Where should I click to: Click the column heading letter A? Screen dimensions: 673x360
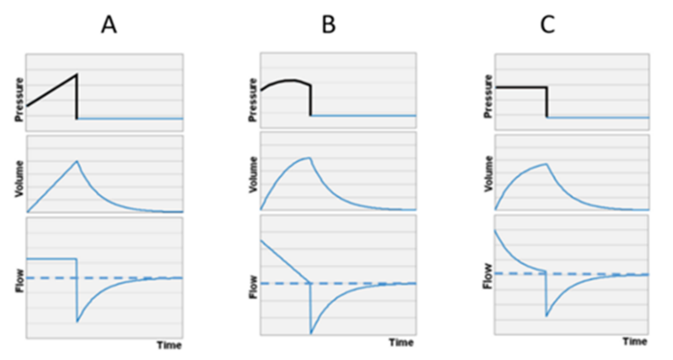(x=109, y=25)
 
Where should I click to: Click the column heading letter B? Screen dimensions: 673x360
(x=329, y=25)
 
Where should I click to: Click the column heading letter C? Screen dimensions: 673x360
(x=547, y=25)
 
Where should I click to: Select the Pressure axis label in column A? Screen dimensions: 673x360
(x=19, y=100)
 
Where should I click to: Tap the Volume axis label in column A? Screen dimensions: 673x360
(x=19, y=179)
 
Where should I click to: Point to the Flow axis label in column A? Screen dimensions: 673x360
(x=20, y=281)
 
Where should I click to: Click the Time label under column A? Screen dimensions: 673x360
(x=169, y=345)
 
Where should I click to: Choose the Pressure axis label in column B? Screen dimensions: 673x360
(x=253, y=100)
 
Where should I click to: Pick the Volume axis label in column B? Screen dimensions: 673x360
(x=253, y=175)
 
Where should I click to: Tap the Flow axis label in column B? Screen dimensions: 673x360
(x=253, y=287)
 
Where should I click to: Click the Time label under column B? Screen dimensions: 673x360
(x=402, y=342)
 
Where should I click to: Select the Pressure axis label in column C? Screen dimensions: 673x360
(x=488, y=97)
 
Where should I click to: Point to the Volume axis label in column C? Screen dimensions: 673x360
(x=488, y=174)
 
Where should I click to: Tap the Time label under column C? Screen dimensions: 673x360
(x=635, y=342)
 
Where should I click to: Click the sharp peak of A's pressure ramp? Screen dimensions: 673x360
(x=77, y=74)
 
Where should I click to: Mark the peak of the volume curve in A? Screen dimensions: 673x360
(x=77, y=161)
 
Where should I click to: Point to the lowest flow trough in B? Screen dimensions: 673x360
(x=311, y=333)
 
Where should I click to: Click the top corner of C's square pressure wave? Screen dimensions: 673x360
(x=546, y=87)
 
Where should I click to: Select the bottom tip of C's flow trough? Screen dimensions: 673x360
(x=546, y=316)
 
